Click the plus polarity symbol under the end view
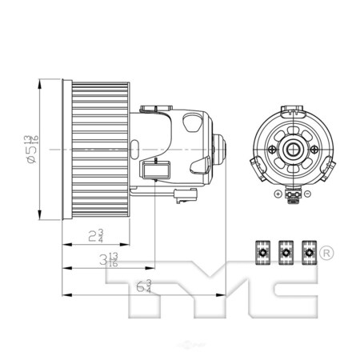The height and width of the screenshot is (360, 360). [277, 194]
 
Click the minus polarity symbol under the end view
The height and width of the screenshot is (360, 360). [308, 194]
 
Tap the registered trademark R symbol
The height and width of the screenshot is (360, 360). [326, 254]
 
